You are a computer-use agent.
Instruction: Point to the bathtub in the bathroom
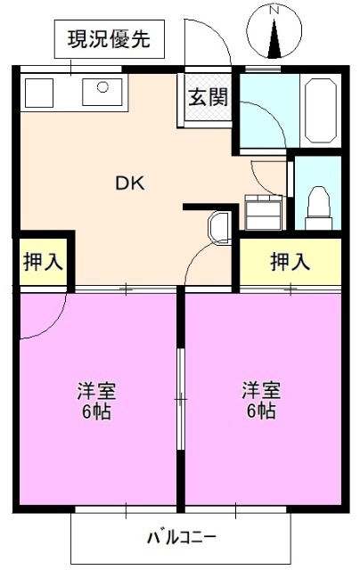coord(320,110)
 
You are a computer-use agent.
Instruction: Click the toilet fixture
coord(319,206)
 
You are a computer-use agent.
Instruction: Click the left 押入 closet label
coord(41,263)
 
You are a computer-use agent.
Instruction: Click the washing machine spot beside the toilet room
coord(263,210)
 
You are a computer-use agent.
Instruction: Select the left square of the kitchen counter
coord(40,89)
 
